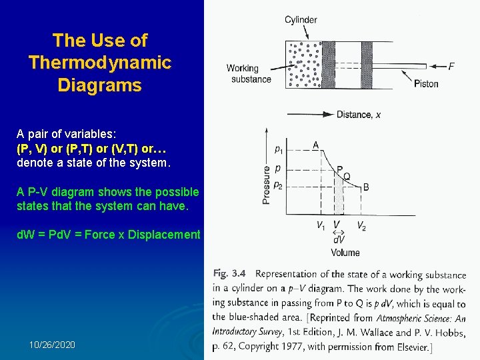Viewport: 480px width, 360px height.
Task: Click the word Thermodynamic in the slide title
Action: coord(100,63)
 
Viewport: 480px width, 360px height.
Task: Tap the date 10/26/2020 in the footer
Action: coord(52,345)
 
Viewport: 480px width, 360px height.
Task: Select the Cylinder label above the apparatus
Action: coord(301,19)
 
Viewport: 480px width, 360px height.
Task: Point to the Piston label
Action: coord(426,83)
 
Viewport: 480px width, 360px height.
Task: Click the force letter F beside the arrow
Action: coord(451,66)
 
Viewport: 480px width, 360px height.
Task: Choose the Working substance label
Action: coord(247,73)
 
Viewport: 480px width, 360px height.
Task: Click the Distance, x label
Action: coord(359,114)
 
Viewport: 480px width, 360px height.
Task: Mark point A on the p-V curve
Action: coord(315,145)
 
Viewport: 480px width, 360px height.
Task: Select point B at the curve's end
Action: coord(366,187)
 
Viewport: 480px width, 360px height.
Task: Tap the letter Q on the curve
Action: coord(347,177)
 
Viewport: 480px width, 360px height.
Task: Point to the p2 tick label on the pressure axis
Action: coord(278,186)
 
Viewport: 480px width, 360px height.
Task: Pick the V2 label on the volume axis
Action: coord(361,225)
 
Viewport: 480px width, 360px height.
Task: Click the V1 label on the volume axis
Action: coord(321,225)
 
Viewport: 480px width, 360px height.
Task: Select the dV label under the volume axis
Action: coord(339,239)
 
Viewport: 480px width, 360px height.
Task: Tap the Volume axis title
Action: coord(345,252)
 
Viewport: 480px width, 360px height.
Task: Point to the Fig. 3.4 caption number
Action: coord(230,273)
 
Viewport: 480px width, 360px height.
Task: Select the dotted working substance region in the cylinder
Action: coord(303,64)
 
